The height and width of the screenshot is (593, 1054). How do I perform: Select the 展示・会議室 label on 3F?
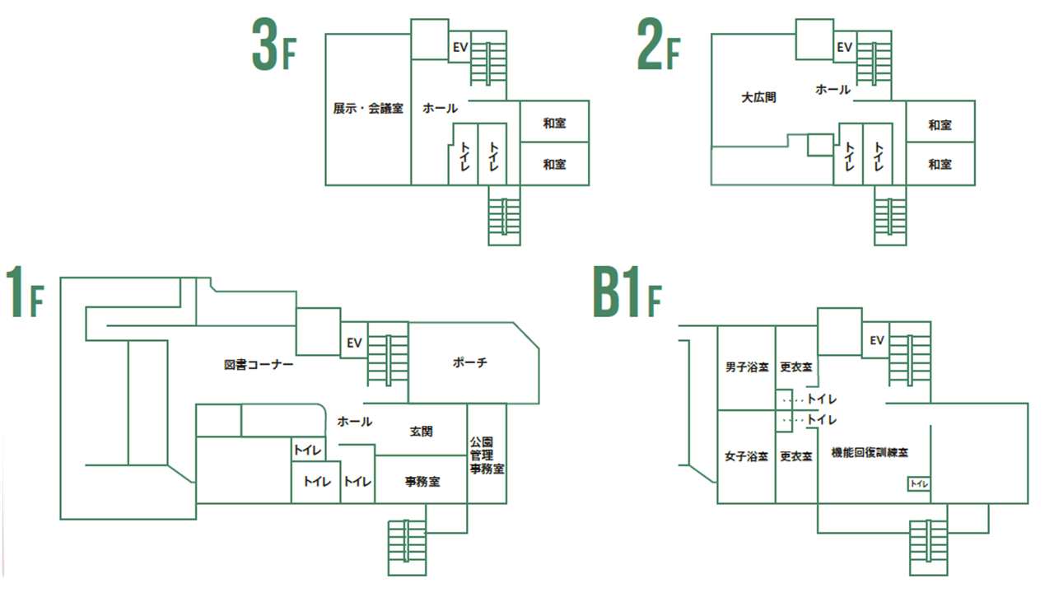[368, 108]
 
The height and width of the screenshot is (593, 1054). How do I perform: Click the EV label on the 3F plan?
[459, 48]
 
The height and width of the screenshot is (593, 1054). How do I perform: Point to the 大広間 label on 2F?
[758, 97]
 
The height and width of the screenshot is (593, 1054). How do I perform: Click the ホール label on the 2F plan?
[832, 90]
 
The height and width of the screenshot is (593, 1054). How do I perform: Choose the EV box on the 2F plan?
[844, 48]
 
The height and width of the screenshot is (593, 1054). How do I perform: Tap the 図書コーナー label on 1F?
[259, 364]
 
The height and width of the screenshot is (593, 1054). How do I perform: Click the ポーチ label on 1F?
[470, 363]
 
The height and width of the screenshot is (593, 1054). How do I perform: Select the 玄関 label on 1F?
[421, 431]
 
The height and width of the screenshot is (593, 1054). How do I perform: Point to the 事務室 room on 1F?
[422, 481]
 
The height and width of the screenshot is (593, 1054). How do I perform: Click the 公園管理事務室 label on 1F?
[487, 455]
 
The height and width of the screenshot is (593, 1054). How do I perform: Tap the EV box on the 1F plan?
[354, 343]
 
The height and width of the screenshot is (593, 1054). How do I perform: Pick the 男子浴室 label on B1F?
[747, 367]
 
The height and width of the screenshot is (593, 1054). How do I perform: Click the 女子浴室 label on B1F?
[747, 456]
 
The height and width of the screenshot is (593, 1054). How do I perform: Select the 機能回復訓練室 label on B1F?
[870, 453]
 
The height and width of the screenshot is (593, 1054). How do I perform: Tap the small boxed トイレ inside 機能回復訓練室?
[919, 484]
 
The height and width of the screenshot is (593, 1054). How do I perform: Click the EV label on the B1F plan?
[876, 340]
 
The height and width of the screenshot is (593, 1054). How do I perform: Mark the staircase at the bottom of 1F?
[407, 548]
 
